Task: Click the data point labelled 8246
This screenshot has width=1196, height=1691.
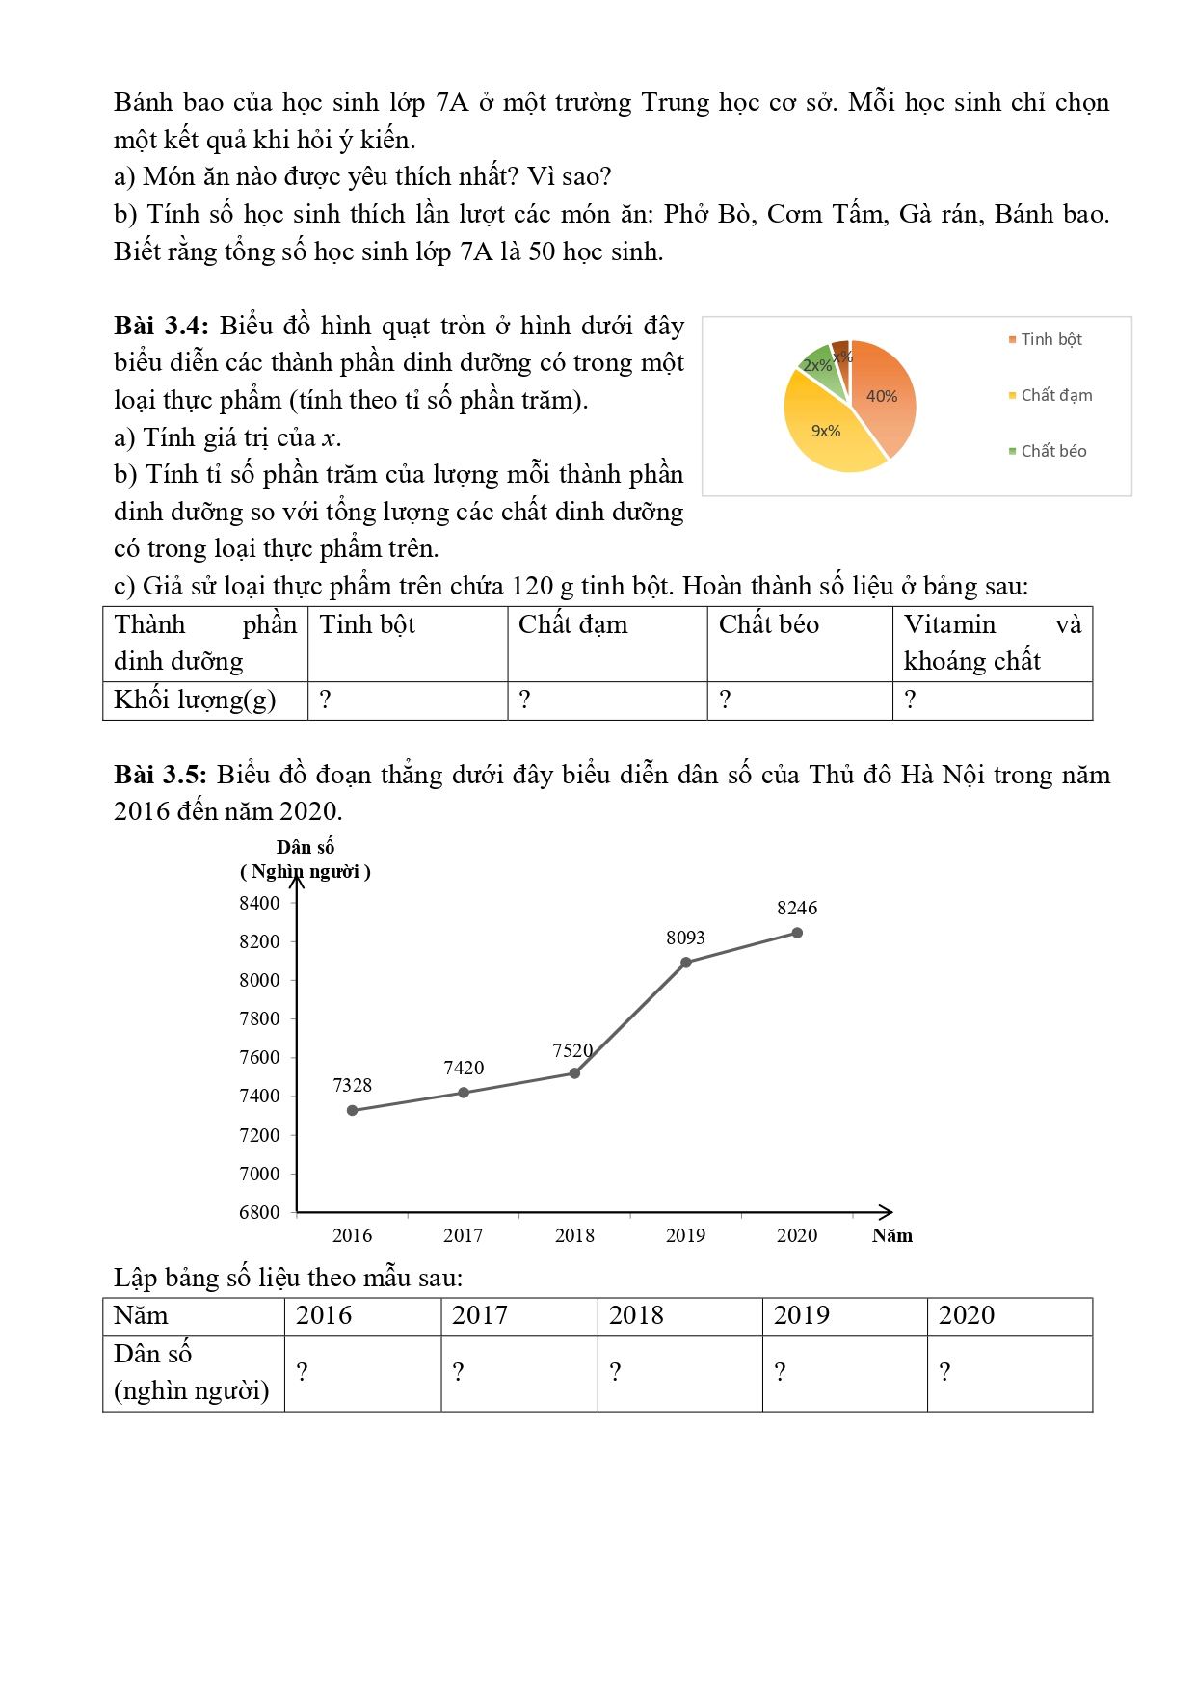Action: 797,933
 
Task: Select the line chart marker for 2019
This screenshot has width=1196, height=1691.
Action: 686,963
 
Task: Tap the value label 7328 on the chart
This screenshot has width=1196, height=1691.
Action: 352,1086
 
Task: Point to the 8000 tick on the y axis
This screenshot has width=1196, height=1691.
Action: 259,980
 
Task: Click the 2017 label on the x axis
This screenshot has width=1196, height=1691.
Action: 463,1235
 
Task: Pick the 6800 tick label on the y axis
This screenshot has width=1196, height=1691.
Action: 259,1212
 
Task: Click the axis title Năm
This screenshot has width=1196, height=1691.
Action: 891,1235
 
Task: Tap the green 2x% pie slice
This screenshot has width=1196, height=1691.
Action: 817,366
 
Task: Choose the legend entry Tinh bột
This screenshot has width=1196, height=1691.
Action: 1050,339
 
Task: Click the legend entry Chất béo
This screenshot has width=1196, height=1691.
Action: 1052,451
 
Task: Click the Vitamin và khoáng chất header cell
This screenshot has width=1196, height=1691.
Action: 992,643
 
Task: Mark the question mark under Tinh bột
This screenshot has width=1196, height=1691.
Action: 326,700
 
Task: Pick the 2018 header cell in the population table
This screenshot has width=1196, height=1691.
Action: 636,1316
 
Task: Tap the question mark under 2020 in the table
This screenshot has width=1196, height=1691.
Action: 944,1372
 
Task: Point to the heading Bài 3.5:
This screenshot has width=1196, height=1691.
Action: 160,775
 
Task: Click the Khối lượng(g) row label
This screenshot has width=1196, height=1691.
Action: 195,700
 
